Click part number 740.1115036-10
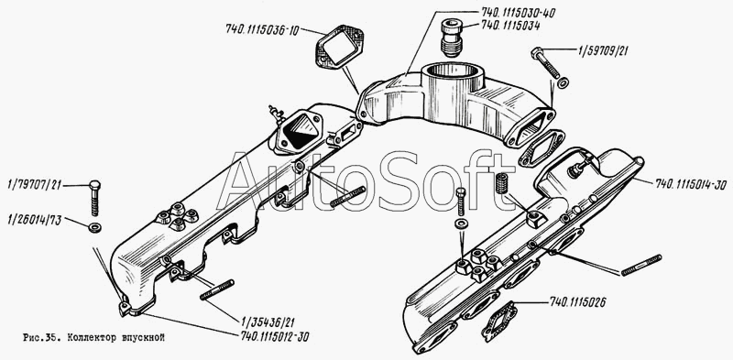pos(262,29)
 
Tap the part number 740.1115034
pos(504,27)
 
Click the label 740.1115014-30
pos(692,183)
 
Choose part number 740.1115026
pos(578,302)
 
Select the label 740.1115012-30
pos(275,335)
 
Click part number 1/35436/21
pos(268,322)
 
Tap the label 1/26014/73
pos(35,220)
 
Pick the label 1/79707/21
pos(35,186)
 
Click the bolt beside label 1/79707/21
pos(94,198)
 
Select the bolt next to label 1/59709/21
pos(545,62)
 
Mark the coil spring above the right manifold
pos(501,183)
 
